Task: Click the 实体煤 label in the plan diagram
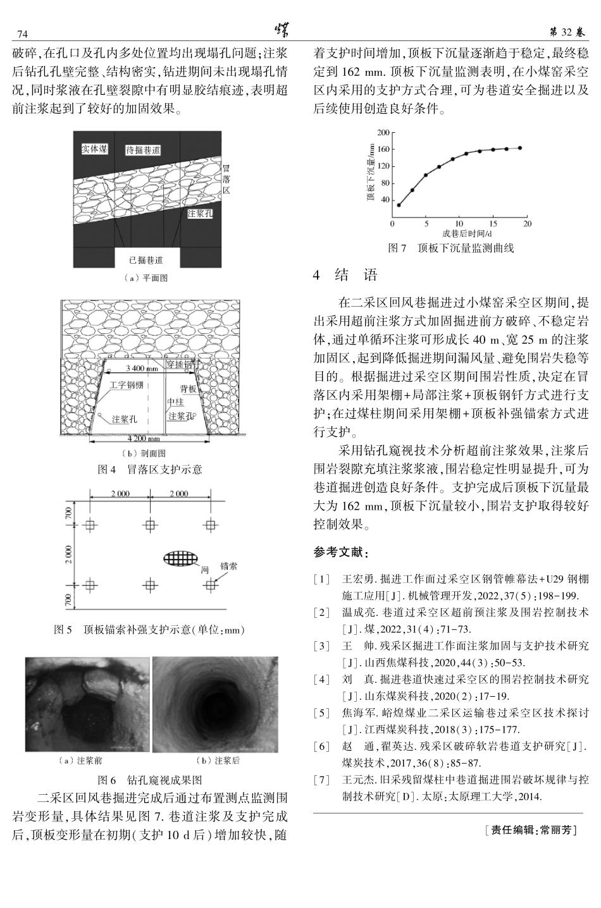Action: (95, 149)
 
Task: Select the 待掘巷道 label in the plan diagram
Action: (143, 150)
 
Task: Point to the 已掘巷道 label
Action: (146, 260)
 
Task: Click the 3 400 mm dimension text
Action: (142, 368)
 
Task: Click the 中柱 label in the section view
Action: (175, 402)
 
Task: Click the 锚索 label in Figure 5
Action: (229, 567)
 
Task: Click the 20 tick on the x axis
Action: (528, 224)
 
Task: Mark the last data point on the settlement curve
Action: (520, 148)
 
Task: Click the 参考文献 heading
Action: (340, 553)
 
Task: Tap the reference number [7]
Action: (322, 780)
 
